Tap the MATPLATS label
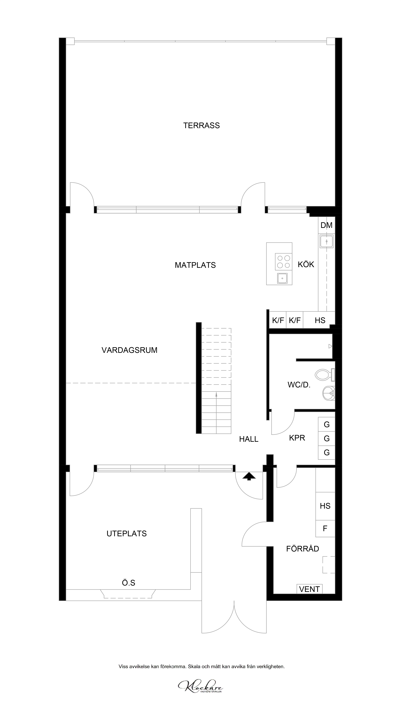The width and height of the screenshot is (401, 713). (195, 265)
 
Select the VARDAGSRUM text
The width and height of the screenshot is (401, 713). (129, 350)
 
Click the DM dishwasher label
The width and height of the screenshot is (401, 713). (326, 225)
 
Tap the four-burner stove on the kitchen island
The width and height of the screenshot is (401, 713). (284, 262)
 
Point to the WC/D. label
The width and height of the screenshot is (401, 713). (299, 385)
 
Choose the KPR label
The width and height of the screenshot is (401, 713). (297, 438)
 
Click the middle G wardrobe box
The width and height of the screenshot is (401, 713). (326, 438)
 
